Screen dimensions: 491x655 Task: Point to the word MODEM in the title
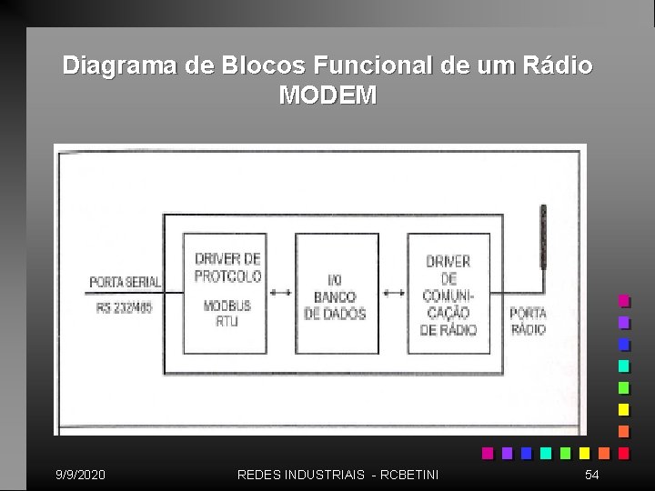[x=327, y=95]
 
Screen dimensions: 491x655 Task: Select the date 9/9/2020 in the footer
[x=80, y=475]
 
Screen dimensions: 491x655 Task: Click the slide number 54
[x=592, y=475]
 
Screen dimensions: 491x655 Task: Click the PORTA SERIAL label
[x=125, y=283]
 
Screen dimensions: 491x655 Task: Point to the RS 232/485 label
[x=126, y=306]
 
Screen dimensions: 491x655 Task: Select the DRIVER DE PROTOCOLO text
[x=227, y=267]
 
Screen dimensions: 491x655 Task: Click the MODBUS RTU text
[x=227, y=313]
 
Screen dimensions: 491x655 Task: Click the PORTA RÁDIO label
[x=529, y=321]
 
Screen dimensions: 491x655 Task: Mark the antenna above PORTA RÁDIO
[x=543, y=236]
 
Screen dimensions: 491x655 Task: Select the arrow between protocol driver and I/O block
[x=281, y=293]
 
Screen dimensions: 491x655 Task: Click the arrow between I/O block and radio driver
[x=393, y=293]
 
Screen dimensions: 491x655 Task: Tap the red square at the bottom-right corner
[x=624, y=453]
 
